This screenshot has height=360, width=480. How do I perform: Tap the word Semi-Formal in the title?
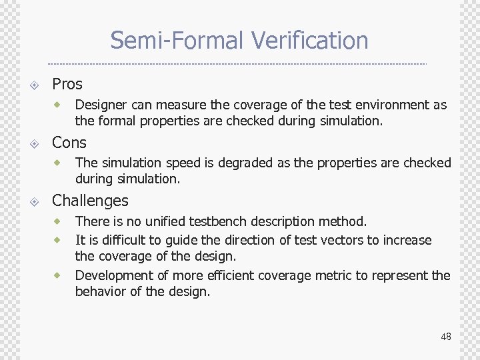coord(178,41)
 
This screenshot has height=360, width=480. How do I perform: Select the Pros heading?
coord(67,84)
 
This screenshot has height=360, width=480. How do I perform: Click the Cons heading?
coord(69,143)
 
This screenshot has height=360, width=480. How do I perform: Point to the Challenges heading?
coord(90,201)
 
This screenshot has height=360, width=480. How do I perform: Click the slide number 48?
coord(445,337)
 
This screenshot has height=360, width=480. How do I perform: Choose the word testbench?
coord(227,221)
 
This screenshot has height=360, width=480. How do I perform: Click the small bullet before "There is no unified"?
coord(58,221)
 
